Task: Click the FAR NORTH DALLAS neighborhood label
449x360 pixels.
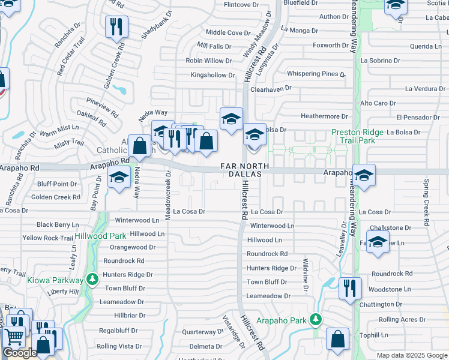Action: [241, 169]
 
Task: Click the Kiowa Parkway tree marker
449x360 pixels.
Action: [92, 279]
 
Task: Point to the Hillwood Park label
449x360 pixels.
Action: [101, 236]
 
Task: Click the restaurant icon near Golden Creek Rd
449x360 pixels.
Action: [116, 27]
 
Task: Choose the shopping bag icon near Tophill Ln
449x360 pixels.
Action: [337, 339]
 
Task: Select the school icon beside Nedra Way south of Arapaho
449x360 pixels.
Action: [119, 177]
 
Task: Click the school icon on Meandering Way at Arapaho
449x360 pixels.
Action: [364, 175]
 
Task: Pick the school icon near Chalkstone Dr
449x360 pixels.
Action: [378, 242]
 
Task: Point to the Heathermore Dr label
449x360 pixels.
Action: [324, 116]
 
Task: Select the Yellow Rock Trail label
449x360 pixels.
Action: [48, 238]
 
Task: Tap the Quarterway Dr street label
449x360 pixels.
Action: [202, 332]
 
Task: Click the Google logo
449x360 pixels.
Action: [20, 353]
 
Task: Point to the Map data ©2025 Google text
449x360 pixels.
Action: [412, 355]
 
